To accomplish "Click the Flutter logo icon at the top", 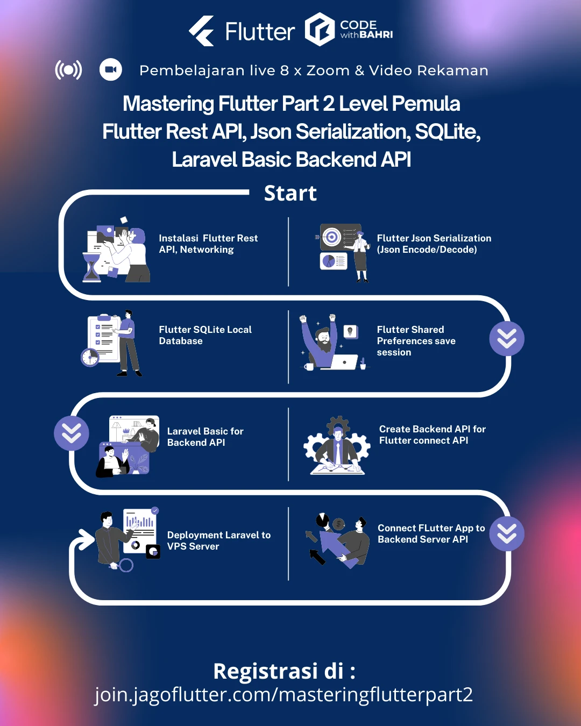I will point(202,31).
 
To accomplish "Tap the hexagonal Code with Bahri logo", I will point(320,30).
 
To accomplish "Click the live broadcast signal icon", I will point(69,70).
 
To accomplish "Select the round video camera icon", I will point(111,70).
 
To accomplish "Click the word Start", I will point(290,194).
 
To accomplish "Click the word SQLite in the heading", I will point(445,132).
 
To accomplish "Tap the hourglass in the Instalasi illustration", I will point(91,267).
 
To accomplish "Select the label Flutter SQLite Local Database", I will point(205,335).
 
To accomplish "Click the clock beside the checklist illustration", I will point(90,357).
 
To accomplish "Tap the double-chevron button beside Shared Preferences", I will point(507,339).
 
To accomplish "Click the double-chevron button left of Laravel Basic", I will point(72,433).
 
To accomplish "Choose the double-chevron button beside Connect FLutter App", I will point(507,533).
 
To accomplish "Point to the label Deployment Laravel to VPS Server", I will point(218,540).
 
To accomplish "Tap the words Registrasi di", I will point(284,671).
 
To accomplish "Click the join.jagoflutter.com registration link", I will point(284,695).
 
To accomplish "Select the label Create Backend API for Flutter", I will point(432,435).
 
